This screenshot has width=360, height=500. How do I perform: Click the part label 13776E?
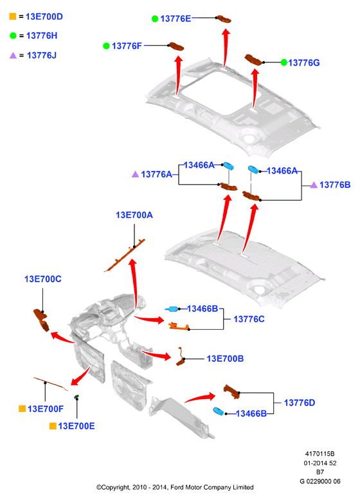tap(175, 19)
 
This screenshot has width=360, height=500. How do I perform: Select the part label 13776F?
tap(127, 46)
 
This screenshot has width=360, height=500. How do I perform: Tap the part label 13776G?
tap(304, 63)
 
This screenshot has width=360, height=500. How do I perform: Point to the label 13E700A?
tap(134, 215)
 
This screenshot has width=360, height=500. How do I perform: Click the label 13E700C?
tap(42, 279)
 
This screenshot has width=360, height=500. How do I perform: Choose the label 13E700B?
tap(225, 359)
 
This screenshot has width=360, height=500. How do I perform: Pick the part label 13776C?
tap(249, 319)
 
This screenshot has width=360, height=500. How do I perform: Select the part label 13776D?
tap(300, 403)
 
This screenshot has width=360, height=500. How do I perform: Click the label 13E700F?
tap(46, 409)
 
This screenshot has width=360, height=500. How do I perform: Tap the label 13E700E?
tap(76, 426)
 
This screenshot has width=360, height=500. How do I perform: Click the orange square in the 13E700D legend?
tap(13, 16)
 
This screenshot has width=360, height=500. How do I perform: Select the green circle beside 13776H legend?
tap(13, 36)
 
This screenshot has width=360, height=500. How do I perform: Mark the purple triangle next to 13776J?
tap(13, 55)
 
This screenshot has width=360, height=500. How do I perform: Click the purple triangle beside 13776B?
tap(314, 185)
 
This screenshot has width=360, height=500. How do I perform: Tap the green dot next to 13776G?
tap(284, 62)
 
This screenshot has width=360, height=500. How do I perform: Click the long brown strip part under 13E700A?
tap(125, 255)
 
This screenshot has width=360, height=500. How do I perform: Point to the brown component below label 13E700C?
tap(41, 320)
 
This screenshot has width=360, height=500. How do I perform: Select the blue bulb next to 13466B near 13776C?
tap(172, 308)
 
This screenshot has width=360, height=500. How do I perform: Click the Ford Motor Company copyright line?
tap(175, 487)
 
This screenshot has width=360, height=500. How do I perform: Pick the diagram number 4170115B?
tap(320, 454)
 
